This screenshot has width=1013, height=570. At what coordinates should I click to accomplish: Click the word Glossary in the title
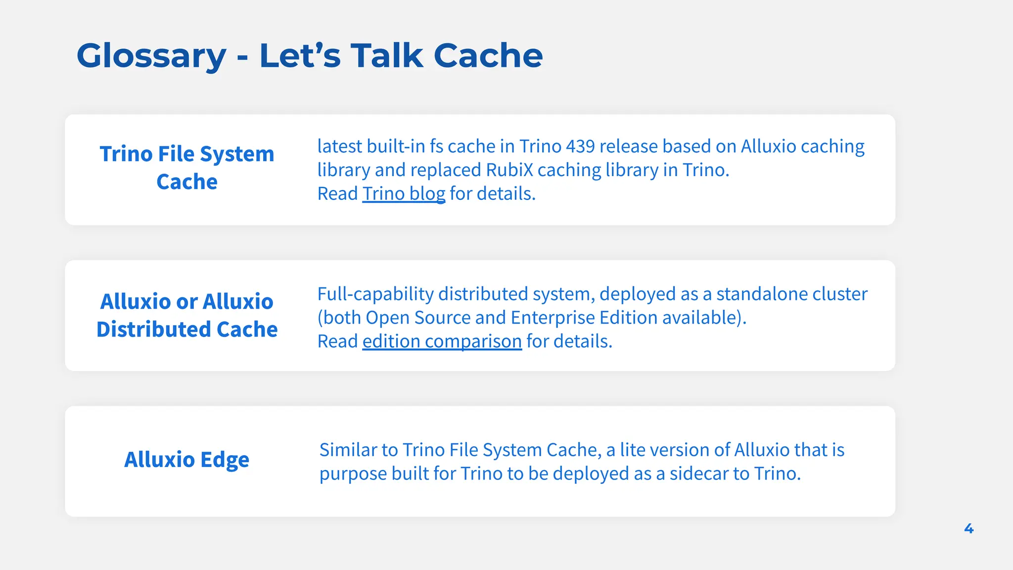point(151,56)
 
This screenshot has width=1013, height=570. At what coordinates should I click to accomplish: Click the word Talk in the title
point(387,55)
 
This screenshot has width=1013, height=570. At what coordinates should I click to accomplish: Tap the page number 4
point(968,528)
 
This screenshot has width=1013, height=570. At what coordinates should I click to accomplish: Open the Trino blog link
point(404,193)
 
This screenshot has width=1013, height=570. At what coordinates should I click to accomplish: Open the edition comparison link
point(442,341)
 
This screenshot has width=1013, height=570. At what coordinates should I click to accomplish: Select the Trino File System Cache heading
point(187,167)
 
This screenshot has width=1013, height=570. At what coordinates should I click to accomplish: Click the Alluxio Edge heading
point(186,460)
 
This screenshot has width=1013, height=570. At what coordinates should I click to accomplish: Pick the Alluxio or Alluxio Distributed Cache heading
point(187,315)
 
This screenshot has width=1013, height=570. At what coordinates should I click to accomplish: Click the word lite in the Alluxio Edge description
point(632,450)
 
